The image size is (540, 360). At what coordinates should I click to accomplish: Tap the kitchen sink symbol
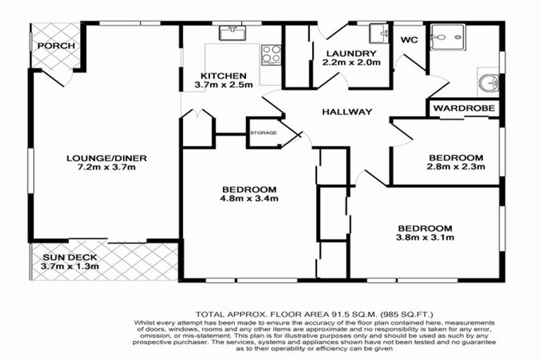231,32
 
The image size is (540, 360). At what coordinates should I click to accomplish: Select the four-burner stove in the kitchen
271,54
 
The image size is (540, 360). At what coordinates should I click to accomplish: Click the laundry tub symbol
379,32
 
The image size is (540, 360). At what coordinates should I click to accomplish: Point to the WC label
409,40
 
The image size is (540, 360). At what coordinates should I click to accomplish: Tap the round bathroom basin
488,84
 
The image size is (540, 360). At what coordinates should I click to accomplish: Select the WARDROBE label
465,108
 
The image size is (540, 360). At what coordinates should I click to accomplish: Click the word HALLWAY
347,112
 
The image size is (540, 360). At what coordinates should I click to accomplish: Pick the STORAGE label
263,131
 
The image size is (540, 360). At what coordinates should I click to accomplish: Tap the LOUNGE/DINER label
97,157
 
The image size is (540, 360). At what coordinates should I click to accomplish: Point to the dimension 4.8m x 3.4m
250,198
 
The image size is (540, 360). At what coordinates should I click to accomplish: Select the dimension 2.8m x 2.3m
457,167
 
